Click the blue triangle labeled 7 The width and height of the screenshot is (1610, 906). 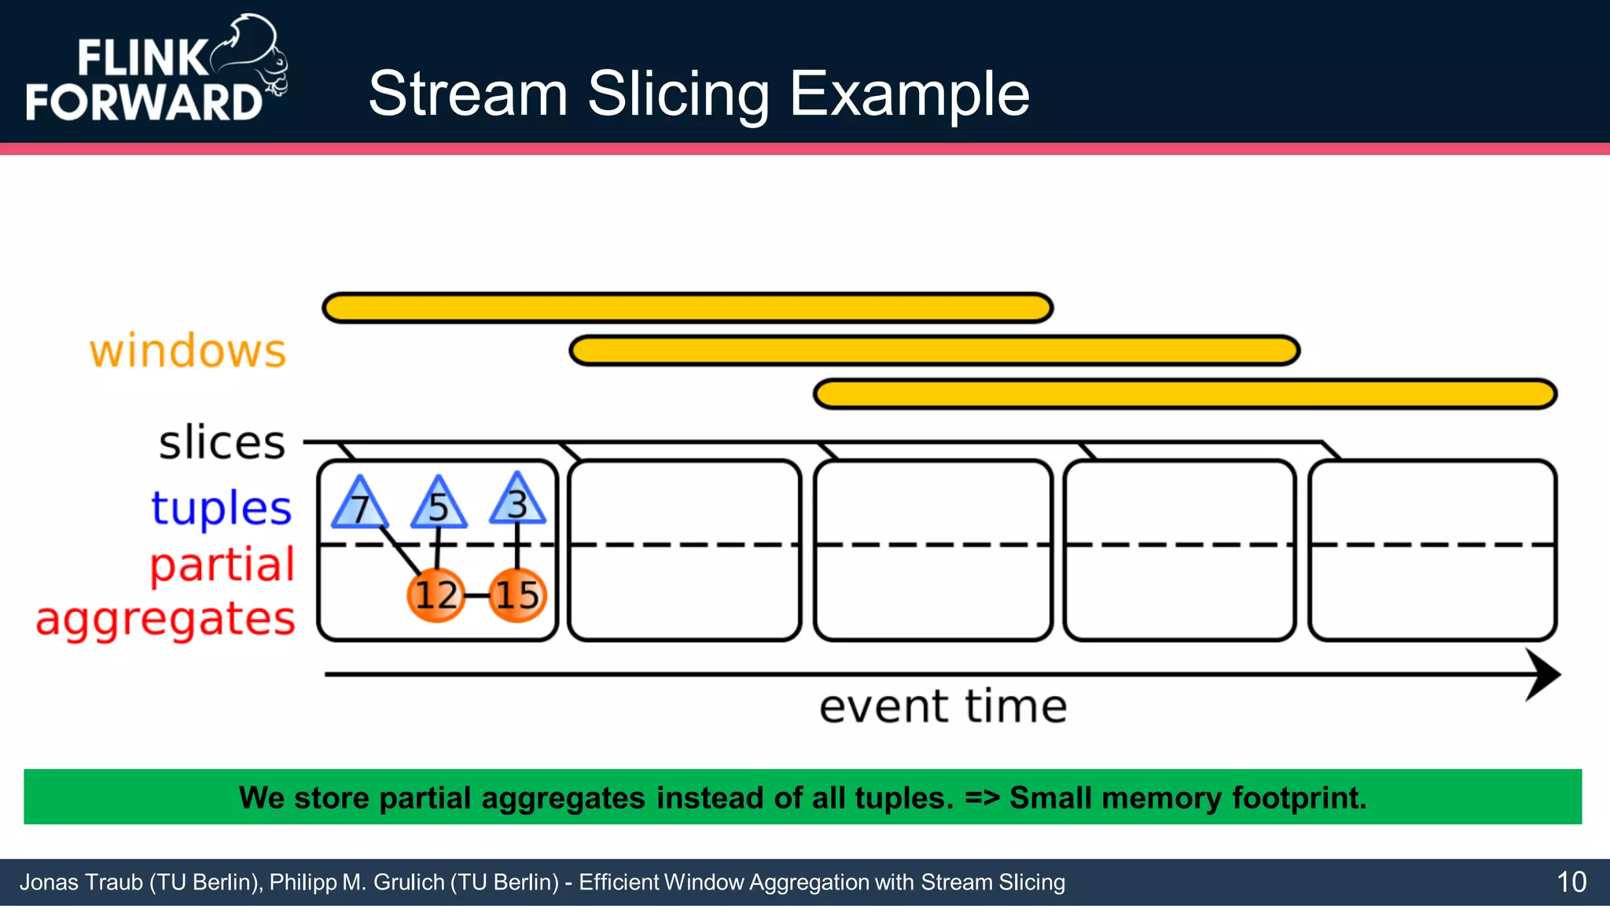pyautogui.click(x=359, y=506)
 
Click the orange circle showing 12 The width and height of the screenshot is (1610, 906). pyautogui.click(x=436, y=595)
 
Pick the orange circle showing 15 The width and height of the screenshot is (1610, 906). pyautogui.click(x=516, y=595)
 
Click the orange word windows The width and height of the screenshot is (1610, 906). pyautogui.click(x=188, y=351)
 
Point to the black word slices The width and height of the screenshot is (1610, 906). pyautogui.click(x=222, y=442)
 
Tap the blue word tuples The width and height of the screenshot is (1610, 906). pyautogui.click(x=222, y=508)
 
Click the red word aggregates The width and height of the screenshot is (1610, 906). pyautogui.click(x=166, y=620)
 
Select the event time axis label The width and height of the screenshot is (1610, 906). pyautogui.click(x=943, y=706)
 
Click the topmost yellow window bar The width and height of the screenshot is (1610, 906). pyautogui.click(x=688, y=308)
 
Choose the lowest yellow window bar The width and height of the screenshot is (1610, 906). pyautogui.click(x=1185, y=393)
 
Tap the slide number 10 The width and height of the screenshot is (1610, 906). pyautogui.click(x=1571, y=882)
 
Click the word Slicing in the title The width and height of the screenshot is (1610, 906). pyautogui.click(x=678, y=94)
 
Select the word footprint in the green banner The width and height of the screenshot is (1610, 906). pyautogui.click(x=1298, y=797)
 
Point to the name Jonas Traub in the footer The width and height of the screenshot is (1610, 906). pyautogui.click(x=80, y=882)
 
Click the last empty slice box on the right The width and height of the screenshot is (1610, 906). pyautogui.click(x=1432, y=551)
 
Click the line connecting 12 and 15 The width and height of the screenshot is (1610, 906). pyautogui.click(x=476, y=595)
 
